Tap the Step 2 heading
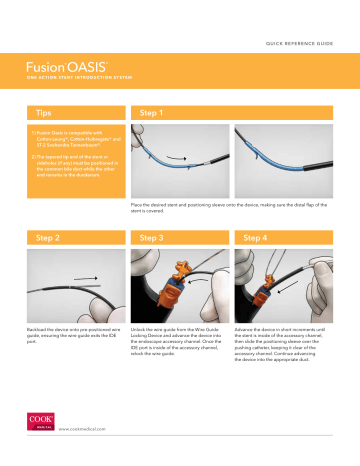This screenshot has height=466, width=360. [45, 238]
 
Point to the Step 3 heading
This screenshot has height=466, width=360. [156, 238]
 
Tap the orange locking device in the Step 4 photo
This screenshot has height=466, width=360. [263, 293]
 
